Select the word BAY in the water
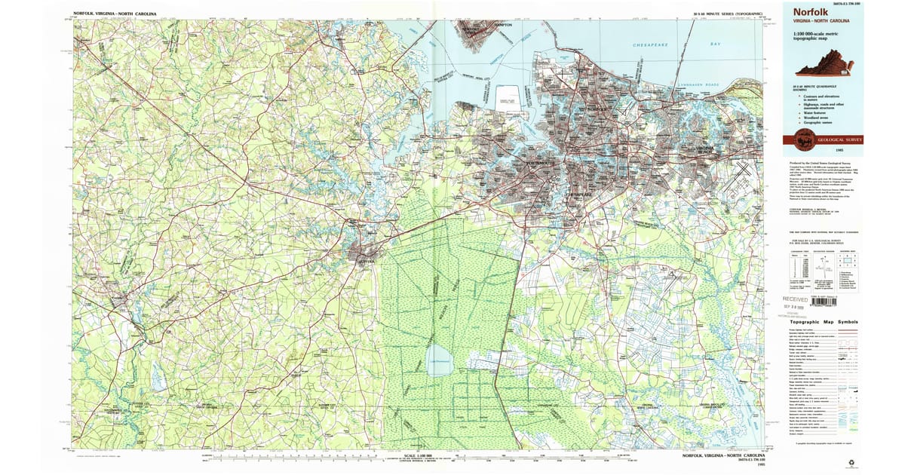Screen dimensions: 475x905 click(716, 45)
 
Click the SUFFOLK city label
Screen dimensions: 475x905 click(366, 261)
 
